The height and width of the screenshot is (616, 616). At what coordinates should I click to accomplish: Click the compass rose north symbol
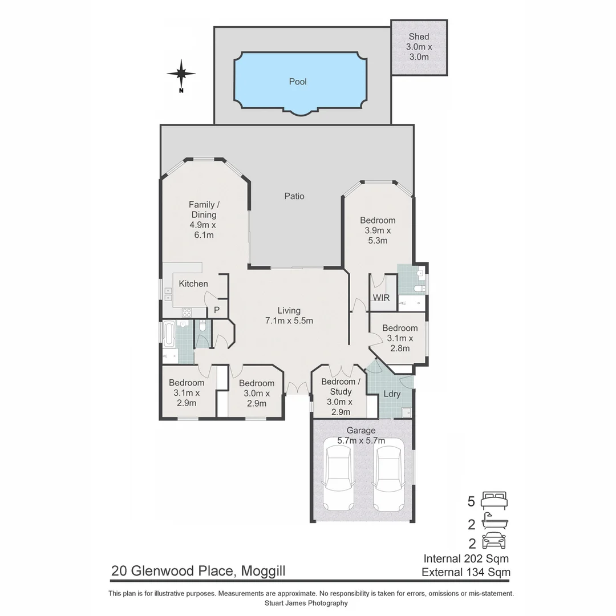pyautogui.click(x=181, y=74)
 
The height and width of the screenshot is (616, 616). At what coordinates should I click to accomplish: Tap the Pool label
pyautogui.click(x=298, y=82)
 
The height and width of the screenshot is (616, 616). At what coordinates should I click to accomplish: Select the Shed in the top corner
pyautogui.click(x=419, y=47)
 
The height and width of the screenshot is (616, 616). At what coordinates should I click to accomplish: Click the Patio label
pyautogui.click(x=294, y=196)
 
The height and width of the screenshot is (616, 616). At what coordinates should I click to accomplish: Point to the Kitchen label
pyautogui.click(x=193, y=283)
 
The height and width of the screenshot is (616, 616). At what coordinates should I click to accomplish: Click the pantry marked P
pyautogui.click(x=217, y=310)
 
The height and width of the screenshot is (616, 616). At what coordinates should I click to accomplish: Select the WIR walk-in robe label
pyautogui.click(x=381, y=298)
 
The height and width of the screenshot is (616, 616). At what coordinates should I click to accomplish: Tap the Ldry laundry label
pyautogui.click(x=391, y=394)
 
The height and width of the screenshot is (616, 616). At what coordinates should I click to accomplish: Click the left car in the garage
pyautogui.click(x=338, y=478)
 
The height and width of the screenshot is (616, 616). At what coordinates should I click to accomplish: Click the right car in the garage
pyautogui.click(x=389, y=478)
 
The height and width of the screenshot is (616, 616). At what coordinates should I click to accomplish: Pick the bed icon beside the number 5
pyautogui.click(x=494, y=501)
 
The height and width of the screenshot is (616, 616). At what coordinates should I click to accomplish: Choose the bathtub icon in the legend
pyautogui.click(x=494, y=521)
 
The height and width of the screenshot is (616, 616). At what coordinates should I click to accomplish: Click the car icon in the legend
pyautogui.click(x=494, y=541)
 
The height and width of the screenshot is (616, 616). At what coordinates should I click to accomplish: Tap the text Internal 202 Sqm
pyautogui.click(x=466, y=558)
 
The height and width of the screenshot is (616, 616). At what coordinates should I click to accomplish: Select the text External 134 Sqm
pyautogui.click(x=466, y=572)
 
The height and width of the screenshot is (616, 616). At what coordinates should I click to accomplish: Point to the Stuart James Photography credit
pyautogui.click(x=306, y=603)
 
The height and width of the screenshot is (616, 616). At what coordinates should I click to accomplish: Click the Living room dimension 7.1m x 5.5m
pyautogui.click(x=289, y=321)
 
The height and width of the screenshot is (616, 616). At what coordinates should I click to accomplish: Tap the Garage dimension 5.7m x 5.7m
pyautogui.click(x=362, y=440)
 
